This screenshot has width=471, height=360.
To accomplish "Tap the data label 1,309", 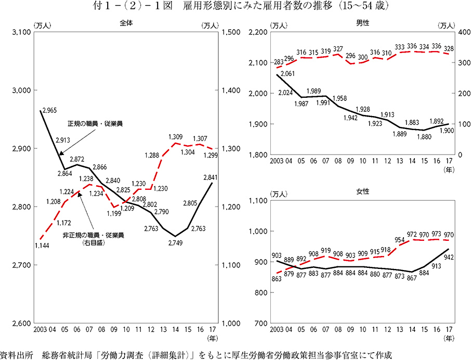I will (176, 136).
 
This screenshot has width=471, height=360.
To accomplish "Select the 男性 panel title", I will (362, 23).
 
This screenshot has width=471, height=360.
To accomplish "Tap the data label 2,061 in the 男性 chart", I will (287, 74).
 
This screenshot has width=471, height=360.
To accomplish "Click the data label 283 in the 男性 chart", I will (279, 60).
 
